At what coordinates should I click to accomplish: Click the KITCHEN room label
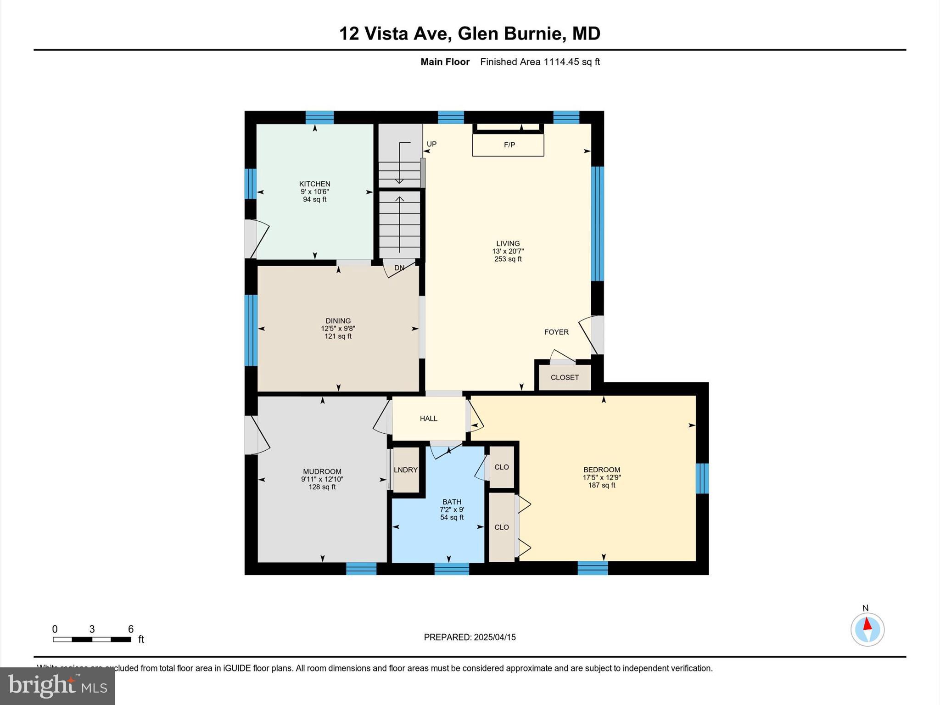(x=314, y=184)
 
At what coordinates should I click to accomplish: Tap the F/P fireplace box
(x=509, y=145)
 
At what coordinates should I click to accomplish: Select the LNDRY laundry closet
(x=406, y=470)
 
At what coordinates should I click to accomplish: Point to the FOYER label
(x=556, y=332)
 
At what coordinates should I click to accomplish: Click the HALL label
(x=428, y=418)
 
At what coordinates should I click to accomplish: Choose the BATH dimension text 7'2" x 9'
(x=452, y=509)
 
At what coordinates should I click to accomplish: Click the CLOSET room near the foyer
(x=565, y=377)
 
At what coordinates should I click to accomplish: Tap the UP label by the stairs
(x=431, y=144)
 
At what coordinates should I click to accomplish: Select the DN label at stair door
(x=399, y=268)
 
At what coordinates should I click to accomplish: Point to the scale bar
(x=92, y=639)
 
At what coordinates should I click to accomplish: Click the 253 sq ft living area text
(x=508, y=259)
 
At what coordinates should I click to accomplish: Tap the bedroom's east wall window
(x=702, y=478)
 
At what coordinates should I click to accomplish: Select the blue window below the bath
(x=451, y=569)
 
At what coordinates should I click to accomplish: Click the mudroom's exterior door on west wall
(x=251, y=435)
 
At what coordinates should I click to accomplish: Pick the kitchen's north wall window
(x=319, y=117)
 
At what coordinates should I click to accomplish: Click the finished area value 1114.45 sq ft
(x=571, y=62)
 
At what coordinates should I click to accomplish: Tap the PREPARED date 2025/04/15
(x=495, y=637)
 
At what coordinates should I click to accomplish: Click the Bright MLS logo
(x=57, y=686)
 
